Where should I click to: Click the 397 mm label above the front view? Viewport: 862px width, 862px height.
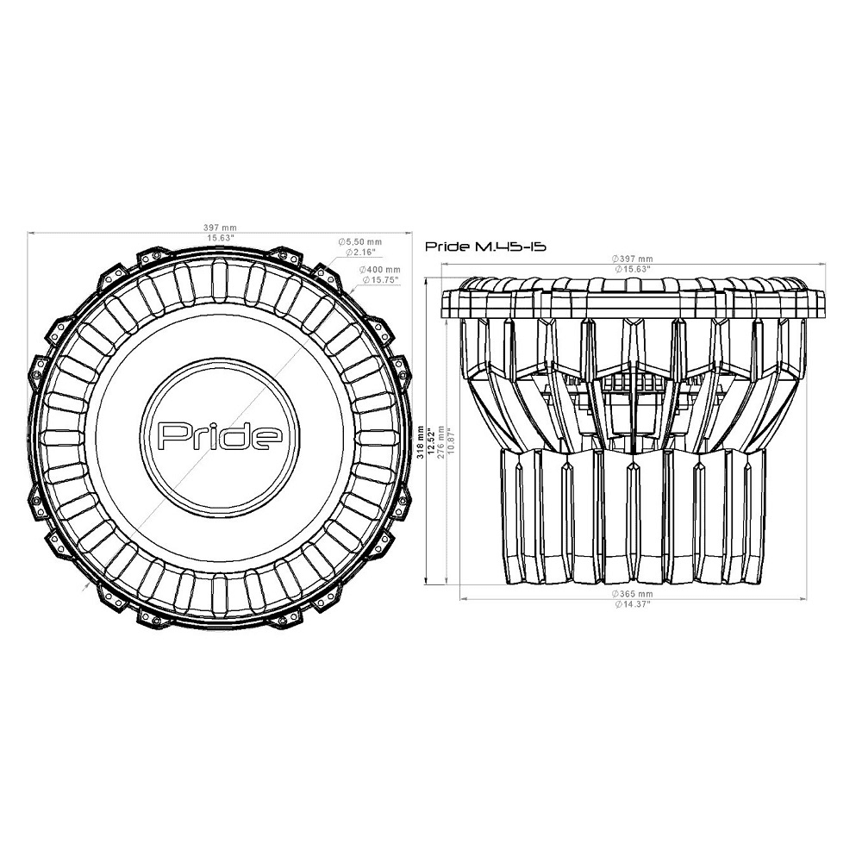[x=220, y=228]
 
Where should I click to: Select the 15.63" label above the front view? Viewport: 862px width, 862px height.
[x=220, y=238]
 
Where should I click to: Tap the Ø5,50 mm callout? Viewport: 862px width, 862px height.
[x=360, y=242]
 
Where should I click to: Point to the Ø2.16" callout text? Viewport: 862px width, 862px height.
[x=360, y=252]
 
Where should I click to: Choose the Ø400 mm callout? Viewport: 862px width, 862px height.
[x=379, y=270]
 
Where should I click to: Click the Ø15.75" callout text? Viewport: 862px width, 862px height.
[x=380, y=280]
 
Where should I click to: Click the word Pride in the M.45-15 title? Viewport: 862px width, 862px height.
[x=447, y=247]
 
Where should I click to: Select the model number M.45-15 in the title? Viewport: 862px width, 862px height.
[x=509, y=247]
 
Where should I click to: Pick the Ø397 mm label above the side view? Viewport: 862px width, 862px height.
[x=633, y=259]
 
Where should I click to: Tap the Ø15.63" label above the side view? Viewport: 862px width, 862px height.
[x=633, y=269]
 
